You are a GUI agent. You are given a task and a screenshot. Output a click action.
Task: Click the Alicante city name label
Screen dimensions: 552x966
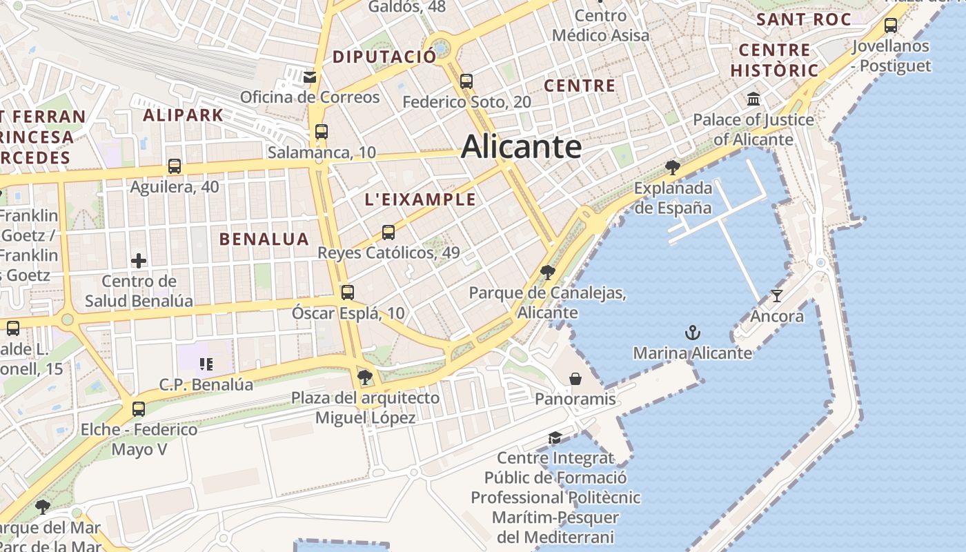(x=521, y=147)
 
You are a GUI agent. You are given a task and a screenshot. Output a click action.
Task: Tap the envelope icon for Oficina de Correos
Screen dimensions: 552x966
(x=310, y=77)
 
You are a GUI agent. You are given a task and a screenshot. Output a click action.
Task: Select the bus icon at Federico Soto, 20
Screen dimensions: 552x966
(x=466, y=81)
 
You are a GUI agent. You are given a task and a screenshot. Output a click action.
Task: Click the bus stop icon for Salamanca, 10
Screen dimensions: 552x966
(x=321, y=131)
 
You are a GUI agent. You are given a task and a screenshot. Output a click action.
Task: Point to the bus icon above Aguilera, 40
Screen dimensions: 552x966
(x=175, y=166)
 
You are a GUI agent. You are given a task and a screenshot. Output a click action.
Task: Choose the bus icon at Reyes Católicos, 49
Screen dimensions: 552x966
(x=388, y=233)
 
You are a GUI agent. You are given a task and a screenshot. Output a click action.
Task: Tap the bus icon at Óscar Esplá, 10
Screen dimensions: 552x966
(x=348, y=293)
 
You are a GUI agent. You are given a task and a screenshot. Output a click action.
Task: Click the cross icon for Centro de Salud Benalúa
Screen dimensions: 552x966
(x=139, y=261)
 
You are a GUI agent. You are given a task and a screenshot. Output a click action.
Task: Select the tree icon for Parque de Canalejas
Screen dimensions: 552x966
(x=548, y=273)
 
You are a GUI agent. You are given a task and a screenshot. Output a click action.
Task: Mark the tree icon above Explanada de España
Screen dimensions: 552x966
(x=672, y=167)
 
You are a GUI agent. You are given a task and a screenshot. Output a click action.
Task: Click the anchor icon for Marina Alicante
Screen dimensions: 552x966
(x=692, y=333)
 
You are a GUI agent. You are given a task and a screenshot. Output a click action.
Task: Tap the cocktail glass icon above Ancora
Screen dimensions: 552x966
(x=777, y=296)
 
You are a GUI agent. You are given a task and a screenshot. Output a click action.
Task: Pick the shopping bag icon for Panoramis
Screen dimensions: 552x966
(x=575, y=379)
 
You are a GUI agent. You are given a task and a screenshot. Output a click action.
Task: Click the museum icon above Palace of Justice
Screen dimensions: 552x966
(x=753, y=99)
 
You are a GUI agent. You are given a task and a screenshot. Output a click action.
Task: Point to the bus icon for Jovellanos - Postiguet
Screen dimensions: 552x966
(x=891, y=26)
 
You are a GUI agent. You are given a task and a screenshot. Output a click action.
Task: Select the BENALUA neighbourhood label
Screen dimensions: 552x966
(x=264, y=239)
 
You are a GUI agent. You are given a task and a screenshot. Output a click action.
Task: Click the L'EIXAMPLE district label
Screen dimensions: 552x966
(x=420, y=200)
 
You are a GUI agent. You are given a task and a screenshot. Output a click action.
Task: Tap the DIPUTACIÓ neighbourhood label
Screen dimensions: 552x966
(x=384, y=57)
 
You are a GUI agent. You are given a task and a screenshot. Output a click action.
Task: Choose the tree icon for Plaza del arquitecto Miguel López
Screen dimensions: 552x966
(x=365, y=377)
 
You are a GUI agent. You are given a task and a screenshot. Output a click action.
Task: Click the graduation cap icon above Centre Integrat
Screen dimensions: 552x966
(x=555, y=438)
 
